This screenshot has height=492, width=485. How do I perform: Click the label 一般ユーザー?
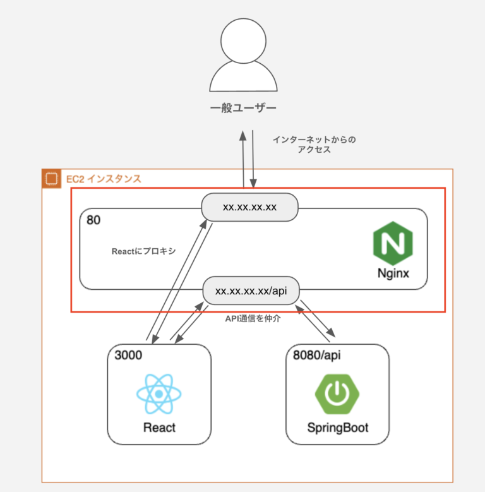[x=243, y=108]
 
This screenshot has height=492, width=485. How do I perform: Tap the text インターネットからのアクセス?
[x=314, y=145]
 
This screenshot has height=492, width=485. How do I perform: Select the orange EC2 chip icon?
[x=51, y=179]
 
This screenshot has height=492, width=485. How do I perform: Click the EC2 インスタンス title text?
[x=104, y=179]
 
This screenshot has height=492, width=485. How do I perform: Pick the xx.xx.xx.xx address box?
[x=250, y=207]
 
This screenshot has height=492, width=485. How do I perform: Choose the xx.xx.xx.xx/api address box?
[x=250, y=291]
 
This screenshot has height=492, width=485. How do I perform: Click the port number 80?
[x=93, y=220]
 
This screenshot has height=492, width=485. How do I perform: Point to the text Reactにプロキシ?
[x=143, y=251]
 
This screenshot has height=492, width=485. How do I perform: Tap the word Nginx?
[x=392, y=275]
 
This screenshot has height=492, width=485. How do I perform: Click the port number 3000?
[x=129, y=355]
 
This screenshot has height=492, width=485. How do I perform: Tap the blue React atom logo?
[x=159, y=394]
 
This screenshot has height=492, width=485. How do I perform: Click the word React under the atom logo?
[x=159, y=428]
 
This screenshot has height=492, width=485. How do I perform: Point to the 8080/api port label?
[x=317, y=355]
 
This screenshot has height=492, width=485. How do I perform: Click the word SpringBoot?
[x=338, y=428]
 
